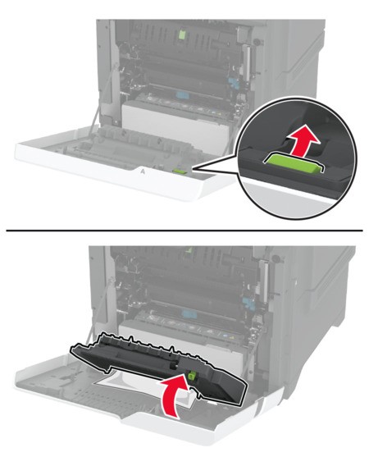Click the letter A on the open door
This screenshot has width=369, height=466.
click(x=143, y=171)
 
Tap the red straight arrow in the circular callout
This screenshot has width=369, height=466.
click(x=303, y=143)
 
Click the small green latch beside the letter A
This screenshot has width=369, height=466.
click(x=179, y=171)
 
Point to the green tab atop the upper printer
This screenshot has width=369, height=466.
click(x=182, y=34)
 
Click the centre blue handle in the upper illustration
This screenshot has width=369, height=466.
click(x=180, y=95)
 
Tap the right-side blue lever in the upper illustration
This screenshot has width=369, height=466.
click(x=234, y=83)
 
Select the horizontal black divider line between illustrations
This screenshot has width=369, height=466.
click(x=184, y=230)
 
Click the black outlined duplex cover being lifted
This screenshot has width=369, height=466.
click(x=157, y=364)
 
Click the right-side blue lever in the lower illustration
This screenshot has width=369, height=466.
click(x=249, y=303)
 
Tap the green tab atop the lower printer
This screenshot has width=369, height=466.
click(x=188, y=250)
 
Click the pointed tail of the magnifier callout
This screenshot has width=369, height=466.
click(x=193, y=170)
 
